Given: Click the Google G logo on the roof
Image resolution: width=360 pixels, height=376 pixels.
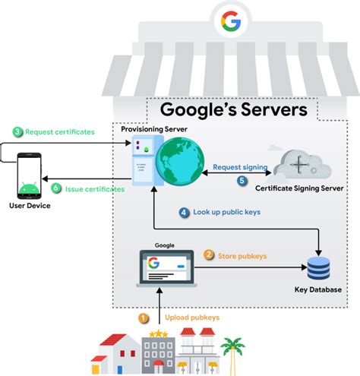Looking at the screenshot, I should click(230, 21).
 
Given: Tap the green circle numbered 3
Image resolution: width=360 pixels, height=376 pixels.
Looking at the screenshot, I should click(17, 131).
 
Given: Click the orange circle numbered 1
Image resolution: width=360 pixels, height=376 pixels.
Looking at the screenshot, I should click(143, 318).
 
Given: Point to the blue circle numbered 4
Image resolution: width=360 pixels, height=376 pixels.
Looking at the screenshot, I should click(185, 213).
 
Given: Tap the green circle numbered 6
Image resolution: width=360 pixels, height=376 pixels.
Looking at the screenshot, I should click(55, 188).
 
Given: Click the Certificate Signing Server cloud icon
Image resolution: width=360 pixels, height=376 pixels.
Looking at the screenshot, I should click(301, 163).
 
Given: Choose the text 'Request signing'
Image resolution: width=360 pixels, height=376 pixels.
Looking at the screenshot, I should click(239, 167).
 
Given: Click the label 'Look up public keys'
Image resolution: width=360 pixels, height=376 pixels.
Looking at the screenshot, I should click(226, 213).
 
